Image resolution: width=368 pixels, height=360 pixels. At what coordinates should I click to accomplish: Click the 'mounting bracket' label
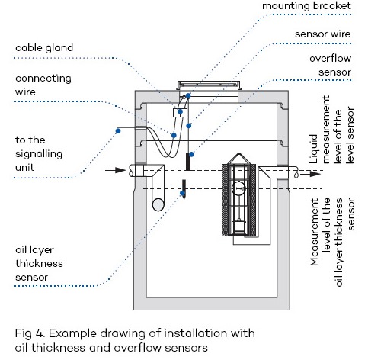pyautogui.click(x=306, y=6)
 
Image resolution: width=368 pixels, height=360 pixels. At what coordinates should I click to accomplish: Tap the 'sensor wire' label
pyautogui.click(x=323, y=34)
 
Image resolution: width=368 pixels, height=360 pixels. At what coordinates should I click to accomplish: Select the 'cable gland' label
pyautogui.click(x=44, y=48)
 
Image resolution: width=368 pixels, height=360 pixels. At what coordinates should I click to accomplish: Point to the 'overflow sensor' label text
pyautogui.click(x=330, y=66)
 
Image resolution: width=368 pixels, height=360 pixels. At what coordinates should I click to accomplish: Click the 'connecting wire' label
pyautogui.click(x=43, y=85)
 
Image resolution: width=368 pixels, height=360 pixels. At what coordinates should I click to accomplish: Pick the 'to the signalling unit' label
pyautogui.click(x=39, y=153)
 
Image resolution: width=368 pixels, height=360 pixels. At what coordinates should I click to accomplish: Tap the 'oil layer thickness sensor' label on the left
pyautogui.click(x=39, y=263)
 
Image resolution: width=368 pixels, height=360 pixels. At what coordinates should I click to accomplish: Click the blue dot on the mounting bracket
pyautogui.click(x=188, y=96)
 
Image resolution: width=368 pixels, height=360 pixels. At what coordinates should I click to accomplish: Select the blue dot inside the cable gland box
pyautogui.click(x=180, y=111)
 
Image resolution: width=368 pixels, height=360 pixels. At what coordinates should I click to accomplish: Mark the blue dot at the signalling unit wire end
pyautogui.click(x=118, y=131)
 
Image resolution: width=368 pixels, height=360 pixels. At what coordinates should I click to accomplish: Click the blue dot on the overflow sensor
pyautogui.click(x=191, y=154)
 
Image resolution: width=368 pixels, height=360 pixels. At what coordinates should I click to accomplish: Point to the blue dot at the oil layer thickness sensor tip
pyautogui.click(x=182, y=193)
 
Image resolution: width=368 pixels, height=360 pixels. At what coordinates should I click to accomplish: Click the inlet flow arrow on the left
pyautogui.click(x=116, y=170)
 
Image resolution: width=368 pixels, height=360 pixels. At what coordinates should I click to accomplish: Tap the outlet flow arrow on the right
pyautogui.click(x=310, y=174)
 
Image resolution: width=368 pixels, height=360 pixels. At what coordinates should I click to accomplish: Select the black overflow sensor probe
pyautogui.click(x=188, y=162)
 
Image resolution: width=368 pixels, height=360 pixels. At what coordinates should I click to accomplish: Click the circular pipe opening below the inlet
pyautogui.click(x=158, y=204)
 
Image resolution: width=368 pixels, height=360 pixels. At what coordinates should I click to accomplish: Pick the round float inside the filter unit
pyautogui.click(x=238, y=188)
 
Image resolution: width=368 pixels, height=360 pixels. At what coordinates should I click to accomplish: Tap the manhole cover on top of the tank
pyautogui.click(x=208, y=85)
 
